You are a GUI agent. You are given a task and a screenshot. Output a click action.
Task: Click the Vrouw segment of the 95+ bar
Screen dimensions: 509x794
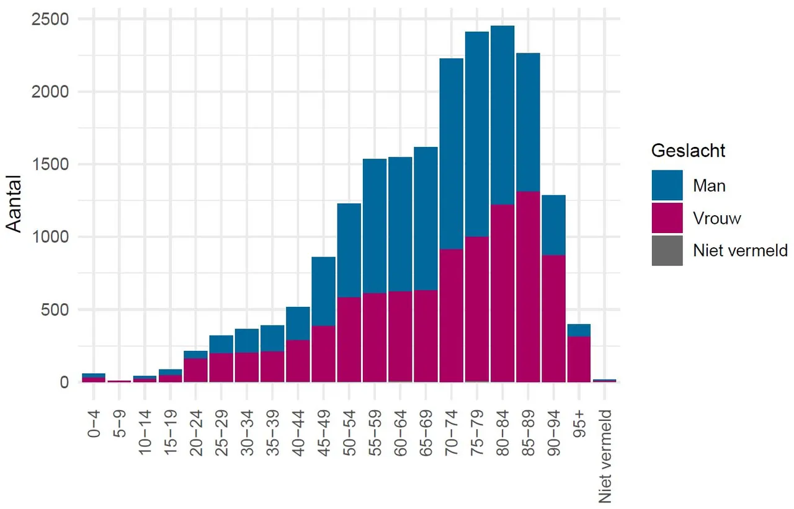(579, 359)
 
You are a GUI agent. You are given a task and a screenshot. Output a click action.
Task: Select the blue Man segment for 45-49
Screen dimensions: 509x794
(323, 291)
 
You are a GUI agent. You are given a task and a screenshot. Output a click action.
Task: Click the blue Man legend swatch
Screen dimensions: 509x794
(667, 185)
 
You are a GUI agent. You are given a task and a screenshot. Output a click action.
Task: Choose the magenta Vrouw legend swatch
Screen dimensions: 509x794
(667, 218)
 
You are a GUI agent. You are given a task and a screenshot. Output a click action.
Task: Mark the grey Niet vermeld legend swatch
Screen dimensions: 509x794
(667, 250)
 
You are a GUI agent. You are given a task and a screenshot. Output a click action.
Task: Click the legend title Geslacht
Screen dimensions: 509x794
(689, 151)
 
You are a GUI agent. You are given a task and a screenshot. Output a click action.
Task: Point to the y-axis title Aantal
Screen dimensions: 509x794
(15, 203)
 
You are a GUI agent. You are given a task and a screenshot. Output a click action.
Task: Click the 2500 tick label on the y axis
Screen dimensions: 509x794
(48, 19)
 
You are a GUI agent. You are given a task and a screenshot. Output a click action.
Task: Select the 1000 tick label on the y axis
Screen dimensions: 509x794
(48, 237)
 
